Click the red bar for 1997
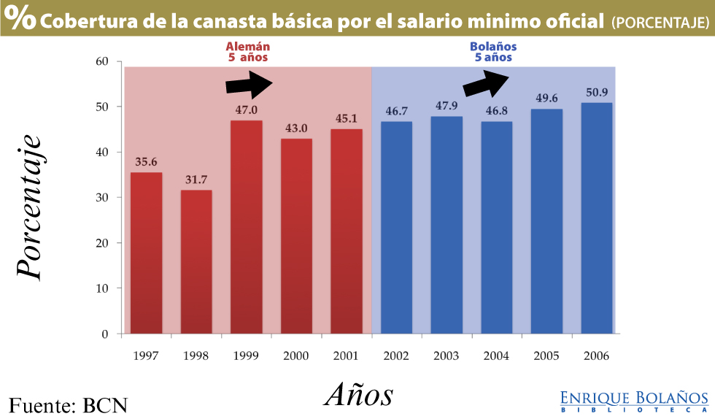[x=146, y=253]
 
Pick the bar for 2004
[x=496, y=227]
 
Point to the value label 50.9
[x=597, y=93]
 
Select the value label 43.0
[x=297, y=128]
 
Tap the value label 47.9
[x=447, y=106]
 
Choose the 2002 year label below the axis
[x=396, y=355]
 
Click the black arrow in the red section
[x=249, y=84]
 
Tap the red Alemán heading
[x=247, y=51]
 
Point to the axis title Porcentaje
[x=30, y=206]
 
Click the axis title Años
[x=358, y=394]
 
